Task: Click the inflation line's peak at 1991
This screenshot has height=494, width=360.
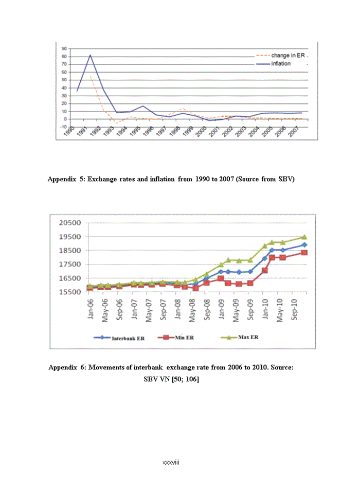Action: click(x=91, y=55)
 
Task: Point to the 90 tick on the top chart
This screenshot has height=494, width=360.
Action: click(x=64, y=49)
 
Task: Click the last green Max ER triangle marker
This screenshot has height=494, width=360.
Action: click(x=304, y=237)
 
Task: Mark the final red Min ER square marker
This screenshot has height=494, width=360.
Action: click(x=304, y=253)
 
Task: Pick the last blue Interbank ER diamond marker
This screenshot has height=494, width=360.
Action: click(x=304, y=245)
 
